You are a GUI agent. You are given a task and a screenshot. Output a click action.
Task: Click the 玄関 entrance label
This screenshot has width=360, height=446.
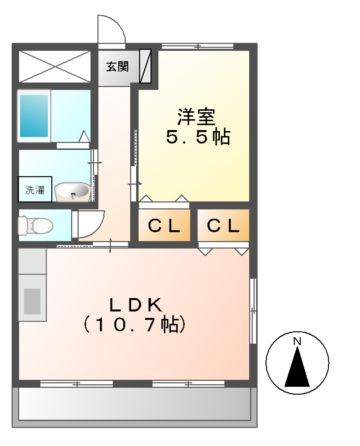pyautogui.click(x=116, y=67)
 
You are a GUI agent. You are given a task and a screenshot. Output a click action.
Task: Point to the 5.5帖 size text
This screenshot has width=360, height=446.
pyautogui.click(x=197, y=137)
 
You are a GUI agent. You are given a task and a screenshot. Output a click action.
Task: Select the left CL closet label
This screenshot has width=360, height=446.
pyautogui.click(x=164, y=227)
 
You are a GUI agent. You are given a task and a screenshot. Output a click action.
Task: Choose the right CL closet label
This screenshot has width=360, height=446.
pyautogui.click(x=223, y=227)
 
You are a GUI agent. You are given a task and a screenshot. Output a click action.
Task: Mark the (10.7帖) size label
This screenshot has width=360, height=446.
pyautogui.click(x=135, y=325)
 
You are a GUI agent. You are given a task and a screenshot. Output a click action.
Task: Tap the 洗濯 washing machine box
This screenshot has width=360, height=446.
pyautogui.click(x=33, y=190)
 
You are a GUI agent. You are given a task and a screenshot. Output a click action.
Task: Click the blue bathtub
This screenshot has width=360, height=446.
pyautogui.click(x=34, y=118)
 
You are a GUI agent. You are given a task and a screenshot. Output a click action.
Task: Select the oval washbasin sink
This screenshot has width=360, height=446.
pyautogui.click(x=71, y=190)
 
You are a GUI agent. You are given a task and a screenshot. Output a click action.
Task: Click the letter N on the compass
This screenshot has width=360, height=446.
pyautogui.click(x=297, y=345)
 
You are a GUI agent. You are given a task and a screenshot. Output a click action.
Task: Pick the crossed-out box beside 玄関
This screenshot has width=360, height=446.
pyautogui.click(x=56, y=66)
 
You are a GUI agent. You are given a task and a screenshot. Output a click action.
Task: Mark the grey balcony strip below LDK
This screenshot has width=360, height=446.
pyautogui.click(x=135, y=405)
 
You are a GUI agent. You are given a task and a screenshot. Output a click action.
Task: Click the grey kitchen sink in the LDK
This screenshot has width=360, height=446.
pyautogui.click(x=32, y=301)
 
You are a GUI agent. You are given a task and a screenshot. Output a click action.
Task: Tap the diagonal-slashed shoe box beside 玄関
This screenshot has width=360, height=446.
pyautogui.click(x=146, y=67)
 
